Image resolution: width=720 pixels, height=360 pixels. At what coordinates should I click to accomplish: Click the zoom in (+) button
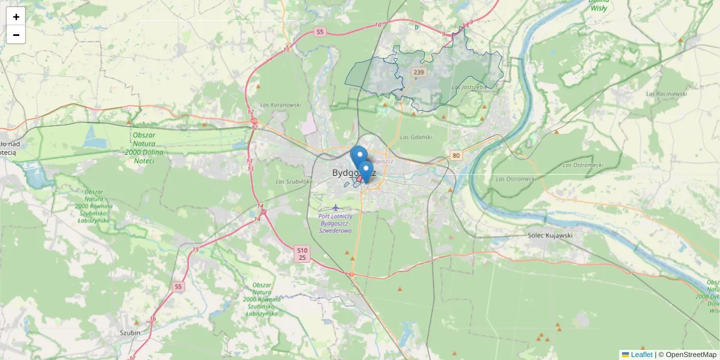[x=16, y=17]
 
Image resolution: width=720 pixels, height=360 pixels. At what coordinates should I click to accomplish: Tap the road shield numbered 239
[x=419, y=73]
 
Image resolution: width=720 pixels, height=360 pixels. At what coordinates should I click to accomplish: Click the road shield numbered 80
[x=457, y=156]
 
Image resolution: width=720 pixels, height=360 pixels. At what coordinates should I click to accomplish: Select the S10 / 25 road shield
[x=302, y=254]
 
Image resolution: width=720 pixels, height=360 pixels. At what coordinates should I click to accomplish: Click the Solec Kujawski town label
[x=550, y=235]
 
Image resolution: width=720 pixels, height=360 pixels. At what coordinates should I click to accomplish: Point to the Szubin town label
[x=130, y=332]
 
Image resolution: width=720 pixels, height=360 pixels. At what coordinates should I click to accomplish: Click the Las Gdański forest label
[x=416, y=137]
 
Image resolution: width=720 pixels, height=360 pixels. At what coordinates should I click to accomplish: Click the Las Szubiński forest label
[x=292, y=181]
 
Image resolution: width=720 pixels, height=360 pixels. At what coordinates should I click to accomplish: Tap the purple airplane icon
[x=335, y=208]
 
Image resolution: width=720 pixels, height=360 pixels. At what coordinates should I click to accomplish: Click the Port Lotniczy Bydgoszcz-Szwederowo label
[x=335, y=223]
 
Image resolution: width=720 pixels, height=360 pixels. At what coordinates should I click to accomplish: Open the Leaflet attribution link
[x=641, y=355]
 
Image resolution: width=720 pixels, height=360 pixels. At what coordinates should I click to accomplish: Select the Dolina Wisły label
[x=598, y=5]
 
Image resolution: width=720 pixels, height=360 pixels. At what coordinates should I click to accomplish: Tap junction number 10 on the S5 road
[x=377, y=25]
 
